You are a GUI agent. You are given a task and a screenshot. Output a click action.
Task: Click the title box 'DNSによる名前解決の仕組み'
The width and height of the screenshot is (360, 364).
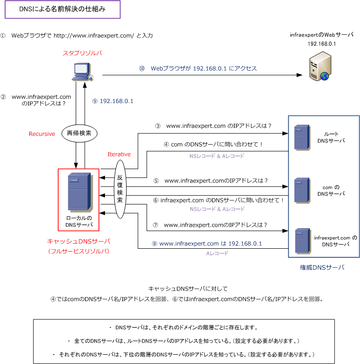[62, 9]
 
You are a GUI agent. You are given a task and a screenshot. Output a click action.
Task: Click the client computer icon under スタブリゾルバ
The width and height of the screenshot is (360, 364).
[82, 72]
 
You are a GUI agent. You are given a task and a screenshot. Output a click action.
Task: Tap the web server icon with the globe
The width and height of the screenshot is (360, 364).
[320, 66]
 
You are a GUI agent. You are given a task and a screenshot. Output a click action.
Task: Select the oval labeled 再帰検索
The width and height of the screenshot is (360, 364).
[79, 133]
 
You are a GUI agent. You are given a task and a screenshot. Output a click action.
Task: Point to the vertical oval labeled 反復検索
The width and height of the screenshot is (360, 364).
[120, 189]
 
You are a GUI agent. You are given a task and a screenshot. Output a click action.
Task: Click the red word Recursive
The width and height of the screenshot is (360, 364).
[42, 134]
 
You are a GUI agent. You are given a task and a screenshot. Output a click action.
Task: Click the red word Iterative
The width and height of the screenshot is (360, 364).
[119, 155]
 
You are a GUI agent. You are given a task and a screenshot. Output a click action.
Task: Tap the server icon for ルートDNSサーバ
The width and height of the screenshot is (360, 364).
[302, 137]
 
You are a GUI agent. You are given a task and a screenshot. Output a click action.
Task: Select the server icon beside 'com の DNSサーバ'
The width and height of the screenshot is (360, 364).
[302, 190]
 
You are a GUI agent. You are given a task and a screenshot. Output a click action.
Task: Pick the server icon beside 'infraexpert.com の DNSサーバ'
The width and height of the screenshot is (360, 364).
[303, 241]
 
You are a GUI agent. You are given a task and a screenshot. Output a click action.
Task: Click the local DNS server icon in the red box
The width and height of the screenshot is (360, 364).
[80, 192]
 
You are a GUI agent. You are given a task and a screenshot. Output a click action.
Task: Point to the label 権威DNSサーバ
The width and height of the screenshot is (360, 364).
[322, 267]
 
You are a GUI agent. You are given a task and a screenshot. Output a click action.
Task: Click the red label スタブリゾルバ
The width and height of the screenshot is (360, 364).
[82, 53]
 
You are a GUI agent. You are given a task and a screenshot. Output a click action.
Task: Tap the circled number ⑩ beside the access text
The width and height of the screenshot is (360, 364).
[142, 68]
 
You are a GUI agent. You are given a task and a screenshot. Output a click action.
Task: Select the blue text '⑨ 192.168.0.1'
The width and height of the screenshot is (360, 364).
[113, 101]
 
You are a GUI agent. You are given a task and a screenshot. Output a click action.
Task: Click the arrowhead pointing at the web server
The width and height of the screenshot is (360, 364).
[300, 75]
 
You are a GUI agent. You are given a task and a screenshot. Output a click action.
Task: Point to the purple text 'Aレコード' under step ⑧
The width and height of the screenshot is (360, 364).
[217, 253]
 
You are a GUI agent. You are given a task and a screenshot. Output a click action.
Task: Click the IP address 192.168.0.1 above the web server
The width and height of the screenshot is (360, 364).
[322, 44]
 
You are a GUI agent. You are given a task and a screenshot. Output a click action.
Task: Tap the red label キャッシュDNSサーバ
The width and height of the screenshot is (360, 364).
[78, 241]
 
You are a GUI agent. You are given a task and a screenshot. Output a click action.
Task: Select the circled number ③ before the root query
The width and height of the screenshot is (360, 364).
[157, 126]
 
